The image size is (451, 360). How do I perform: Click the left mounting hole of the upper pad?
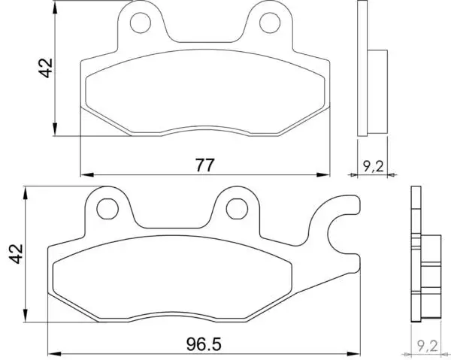point(141,23)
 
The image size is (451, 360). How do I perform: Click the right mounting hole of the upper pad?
point(270,23)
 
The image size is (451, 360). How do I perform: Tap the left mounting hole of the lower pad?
point(107,209)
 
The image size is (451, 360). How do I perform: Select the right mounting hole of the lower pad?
point(237,209)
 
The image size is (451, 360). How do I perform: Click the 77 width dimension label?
point(204,165)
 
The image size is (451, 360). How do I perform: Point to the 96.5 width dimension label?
point(204,344)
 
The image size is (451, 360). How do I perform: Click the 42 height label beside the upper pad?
point(46,68)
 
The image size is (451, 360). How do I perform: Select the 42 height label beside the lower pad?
point(16,253)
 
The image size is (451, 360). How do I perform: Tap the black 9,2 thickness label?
point(373,166)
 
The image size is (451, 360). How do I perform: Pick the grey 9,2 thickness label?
point(427,346)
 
